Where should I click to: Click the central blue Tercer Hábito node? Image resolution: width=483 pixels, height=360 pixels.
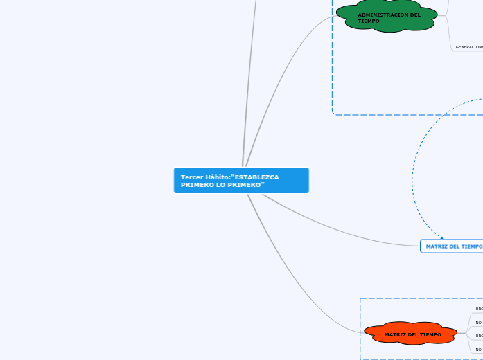(x=241, y=180)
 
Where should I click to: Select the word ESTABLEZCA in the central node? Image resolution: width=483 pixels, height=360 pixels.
(x=256, y=177)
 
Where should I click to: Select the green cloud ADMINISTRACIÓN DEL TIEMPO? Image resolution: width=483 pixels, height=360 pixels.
(x=388, y=17)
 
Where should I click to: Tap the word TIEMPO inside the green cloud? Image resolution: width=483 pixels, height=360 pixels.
(x=369, y=21)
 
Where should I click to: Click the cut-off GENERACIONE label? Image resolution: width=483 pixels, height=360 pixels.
(x=469, y=47)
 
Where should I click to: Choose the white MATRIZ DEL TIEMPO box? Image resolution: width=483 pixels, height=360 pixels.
(x=452, y=246)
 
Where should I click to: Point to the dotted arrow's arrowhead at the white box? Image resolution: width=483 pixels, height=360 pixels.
(x=441, y=238)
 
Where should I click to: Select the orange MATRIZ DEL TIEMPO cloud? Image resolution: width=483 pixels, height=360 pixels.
(x=412, y=334)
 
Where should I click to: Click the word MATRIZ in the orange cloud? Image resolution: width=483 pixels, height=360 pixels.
(x=396, y=335)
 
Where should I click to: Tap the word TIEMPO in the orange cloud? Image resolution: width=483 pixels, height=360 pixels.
(x=430, y=335)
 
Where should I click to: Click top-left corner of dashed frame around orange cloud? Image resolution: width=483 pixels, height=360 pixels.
(x=361, y=299)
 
